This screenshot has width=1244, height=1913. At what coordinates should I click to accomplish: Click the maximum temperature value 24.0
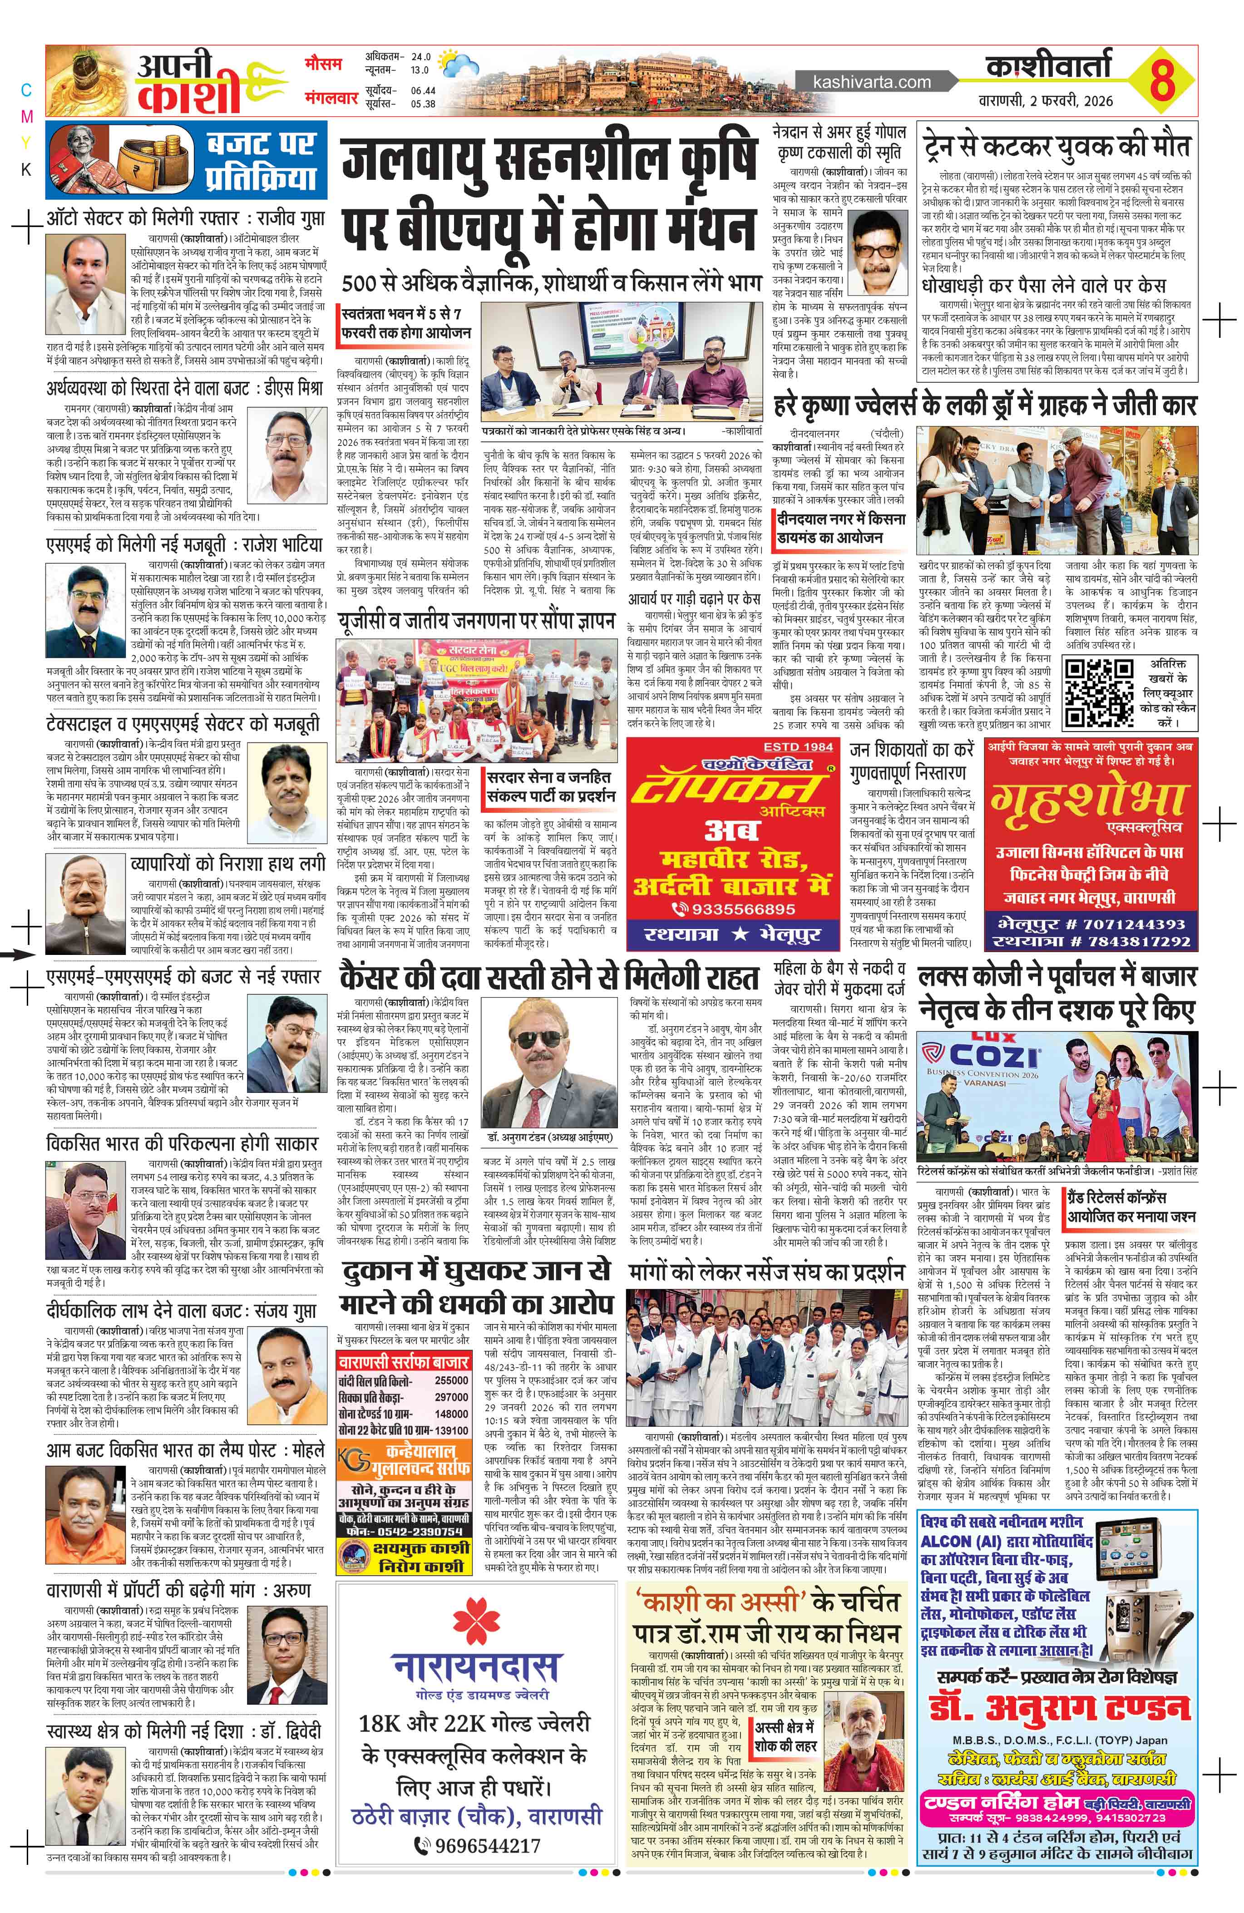coord(421,58)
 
